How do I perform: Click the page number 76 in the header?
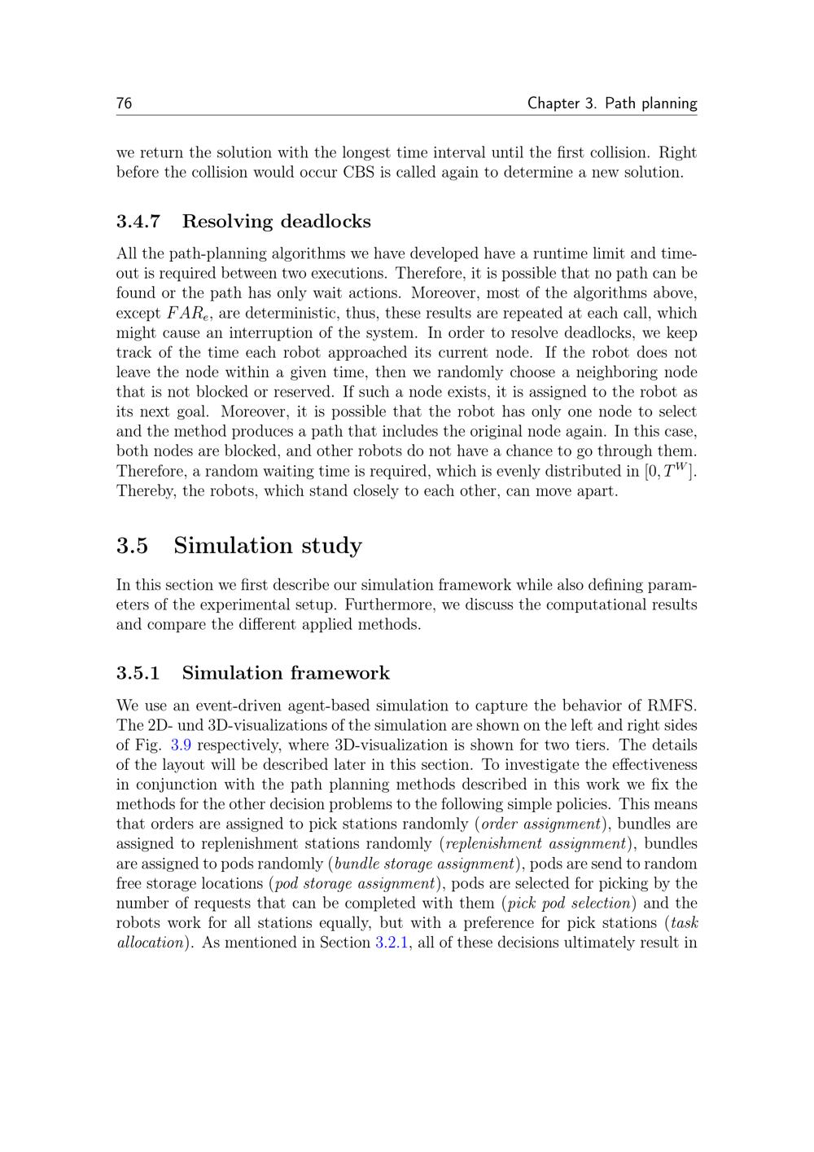click(x=124, y=103)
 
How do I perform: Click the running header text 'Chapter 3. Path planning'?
click(x=611, y=103)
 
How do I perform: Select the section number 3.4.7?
click(x=138, y=222)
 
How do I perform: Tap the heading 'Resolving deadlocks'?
click(x=276, y=222)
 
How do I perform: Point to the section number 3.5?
click(x=132, y=546)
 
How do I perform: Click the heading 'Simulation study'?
click(x=268, y=546)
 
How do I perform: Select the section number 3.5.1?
click(x=138, y=673)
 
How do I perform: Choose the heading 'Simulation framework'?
click(x=286, y=673)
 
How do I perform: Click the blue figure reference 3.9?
click(x=181, y=745)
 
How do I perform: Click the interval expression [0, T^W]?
click(x=670, y=471)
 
